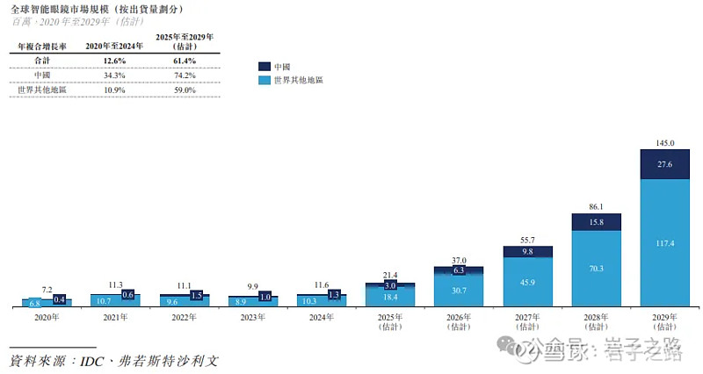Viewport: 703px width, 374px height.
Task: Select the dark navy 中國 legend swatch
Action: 264,66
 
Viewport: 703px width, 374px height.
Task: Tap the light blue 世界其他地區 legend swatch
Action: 264,80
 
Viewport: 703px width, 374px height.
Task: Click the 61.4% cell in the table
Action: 185,59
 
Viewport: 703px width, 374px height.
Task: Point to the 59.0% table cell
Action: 185,90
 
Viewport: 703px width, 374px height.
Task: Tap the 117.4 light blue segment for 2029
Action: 664,243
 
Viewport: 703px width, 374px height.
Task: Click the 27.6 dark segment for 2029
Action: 664,164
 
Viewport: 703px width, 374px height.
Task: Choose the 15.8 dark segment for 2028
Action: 596,222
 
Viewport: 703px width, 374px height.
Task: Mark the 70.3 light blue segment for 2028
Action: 596,269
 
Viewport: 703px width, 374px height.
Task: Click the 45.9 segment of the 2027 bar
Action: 527,282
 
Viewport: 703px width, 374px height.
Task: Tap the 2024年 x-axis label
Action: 322,319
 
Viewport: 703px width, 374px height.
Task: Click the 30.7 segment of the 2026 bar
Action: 459,291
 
